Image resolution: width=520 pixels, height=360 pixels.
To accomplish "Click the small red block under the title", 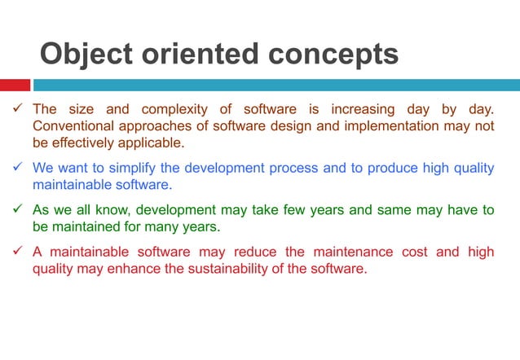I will [15, 85].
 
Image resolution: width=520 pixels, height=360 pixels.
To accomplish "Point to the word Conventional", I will [72, 126].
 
